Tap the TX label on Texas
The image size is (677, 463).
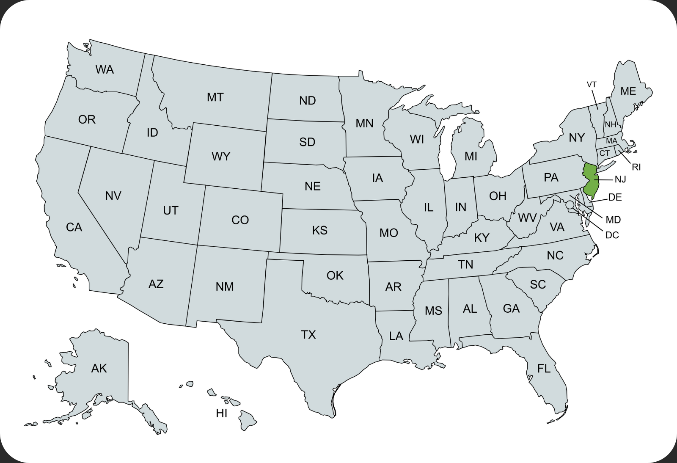coord(308,335)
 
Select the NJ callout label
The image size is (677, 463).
coord(620,179)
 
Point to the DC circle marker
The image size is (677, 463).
coord(570,204)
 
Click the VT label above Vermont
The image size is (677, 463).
coord(592,85)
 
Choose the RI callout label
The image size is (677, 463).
coord(636,167)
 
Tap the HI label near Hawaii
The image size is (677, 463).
coord(222,413)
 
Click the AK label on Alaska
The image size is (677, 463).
coord(99,369)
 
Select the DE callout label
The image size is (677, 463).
coord(615,197)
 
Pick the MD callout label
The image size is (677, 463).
coord(613,220)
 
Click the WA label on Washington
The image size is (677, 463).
coord(105,69)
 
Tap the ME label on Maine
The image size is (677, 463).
coord(628,91)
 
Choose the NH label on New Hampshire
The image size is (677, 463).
coord(610,125)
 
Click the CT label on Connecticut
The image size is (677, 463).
coord(604,153)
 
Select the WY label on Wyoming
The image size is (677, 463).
coord(220,157)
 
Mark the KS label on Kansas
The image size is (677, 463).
coord(319,230)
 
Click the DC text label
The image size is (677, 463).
coord(612,235)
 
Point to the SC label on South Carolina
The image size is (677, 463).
coord(538,284)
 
